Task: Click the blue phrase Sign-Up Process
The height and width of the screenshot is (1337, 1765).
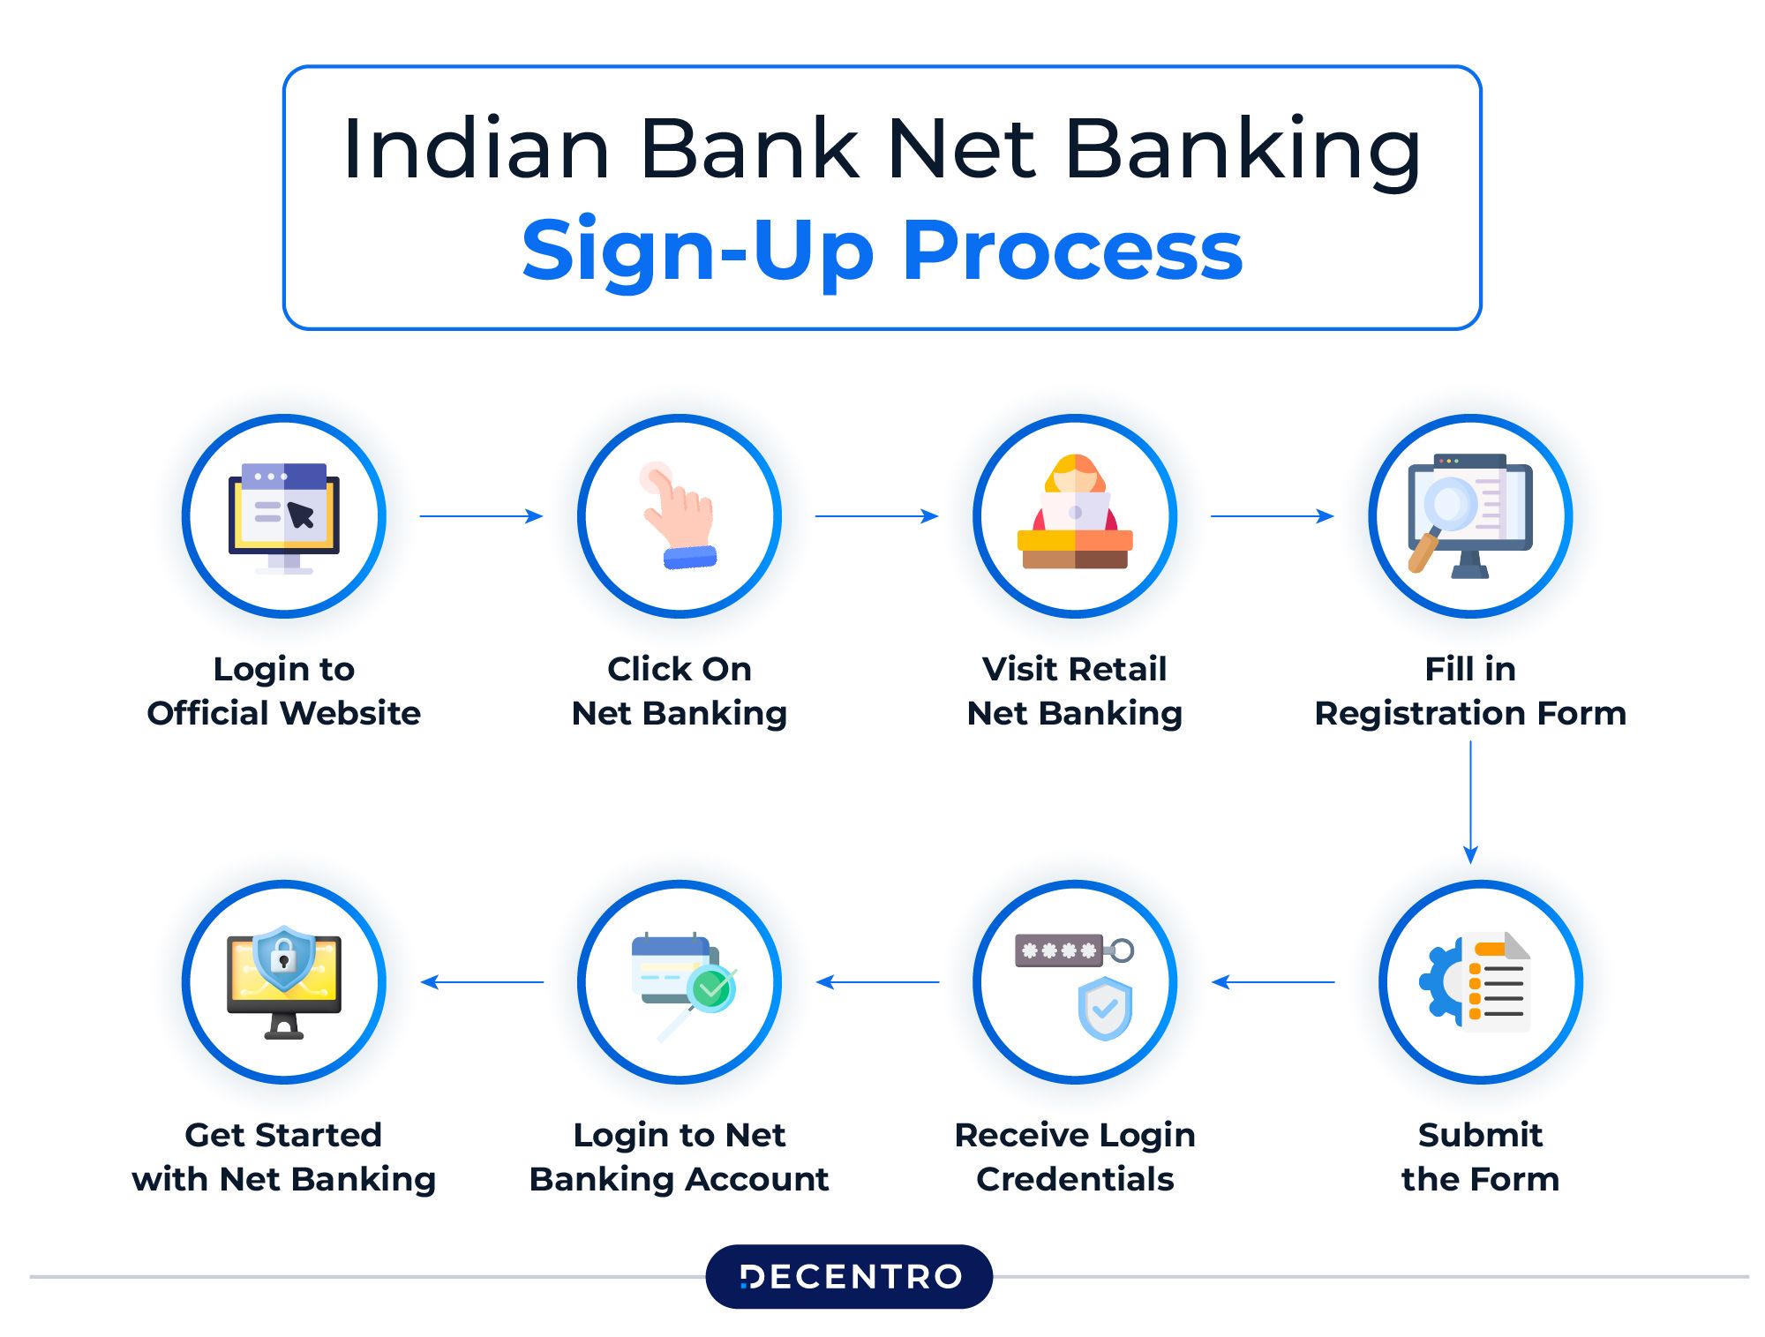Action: tap(882, 251)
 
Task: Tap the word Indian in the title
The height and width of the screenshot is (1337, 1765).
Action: tap(476, 150)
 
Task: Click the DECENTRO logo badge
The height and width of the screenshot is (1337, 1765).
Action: tap(849, 1276)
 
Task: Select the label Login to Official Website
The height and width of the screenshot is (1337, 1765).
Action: tap(284, 691)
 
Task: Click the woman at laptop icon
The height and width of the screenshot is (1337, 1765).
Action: tap(1075, 512)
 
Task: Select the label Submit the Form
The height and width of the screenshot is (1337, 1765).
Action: tap(1480, 1156)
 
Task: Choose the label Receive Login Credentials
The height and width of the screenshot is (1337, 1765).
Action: tap(1075, 1156)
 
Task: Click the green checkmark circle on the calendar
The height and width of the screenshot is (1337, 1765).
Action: tap(711, 988)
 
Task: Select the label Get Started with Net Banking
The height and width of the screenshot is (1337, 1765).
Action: tap(284, 1156)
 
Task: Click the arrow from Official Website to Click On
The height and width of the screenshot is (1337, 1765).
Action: tap(481, 515)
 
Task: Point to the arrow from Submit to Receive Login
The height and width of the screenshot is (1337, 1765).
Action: tap(1273, 981)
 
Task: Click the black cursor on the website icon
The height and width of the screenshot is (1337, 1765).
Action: tap(301, 515)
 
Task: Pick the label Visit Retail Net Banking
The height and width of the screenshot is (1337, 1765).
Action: tap(1075, 691)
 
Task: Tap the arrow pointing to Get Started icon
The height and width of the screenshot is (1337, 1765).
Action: tap(482, 981)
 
